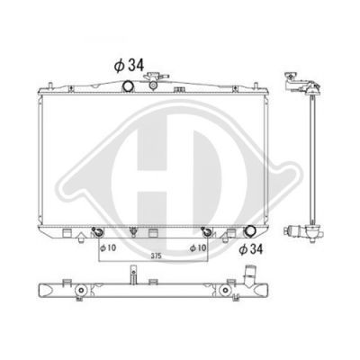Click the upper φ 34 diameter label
[x=129, y=66]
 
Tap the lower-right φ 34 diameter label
[x=251, y=249]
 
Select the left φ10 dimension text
[x=108, y=247]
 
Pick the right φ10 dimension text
[x=198, y=247]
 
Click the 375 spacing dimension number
[x=157, y=256]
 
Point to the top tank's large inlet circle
[x=128, y=85]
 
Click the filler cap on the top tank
[x=156, y=76]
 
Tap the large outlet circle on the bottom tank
[x=249, y=231]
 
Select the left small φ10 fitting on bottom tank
[x=97, y=231]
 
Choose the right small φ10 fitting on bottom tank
[x=206, y=231]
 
